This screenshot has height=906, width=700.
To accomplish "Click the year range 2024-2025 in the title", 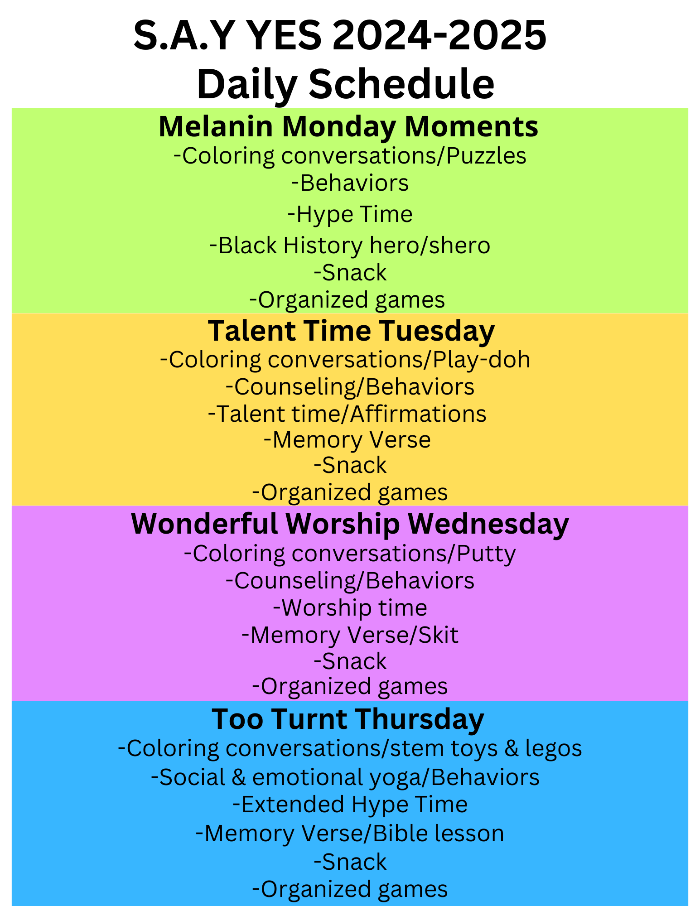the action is click(439, 36).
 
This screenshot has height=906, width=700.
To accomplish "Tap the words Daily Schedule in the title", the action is click(346, 84).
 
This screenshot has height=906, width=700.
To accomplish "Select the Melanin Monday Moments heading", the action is click(348, 126).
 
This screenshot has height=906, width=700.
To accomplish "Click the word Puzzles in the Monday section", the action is click(486, 156).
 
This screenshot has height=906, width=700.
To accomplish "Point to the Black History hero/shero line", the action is click(350, 246).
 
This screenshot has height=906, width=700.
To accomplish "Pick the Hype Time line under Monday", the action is click(350, 214).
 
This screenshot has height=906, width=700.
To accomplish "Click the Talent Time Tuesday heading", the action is click(351, 331).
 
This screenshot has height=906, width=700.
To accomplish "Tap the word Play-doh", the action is click(481, 360).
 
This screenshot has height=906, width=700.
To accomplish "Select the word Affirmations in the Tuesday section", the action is click(418, 414).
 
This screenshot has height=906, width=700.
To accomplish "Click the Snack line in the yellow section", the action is click(350, 465).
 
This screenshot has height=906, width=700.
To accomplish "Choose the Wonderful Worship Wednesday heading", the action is click(350, 524).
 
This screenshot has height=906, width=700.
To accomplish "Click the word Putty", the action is click(486, 554).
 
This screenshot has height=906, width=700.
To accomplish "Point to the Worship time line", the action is click(350, 608).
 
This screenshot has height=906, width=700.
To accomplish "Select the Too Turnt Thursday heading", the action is click(348, 719).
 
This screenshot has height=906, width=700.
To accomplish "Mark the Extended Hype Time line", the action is click(350, 805).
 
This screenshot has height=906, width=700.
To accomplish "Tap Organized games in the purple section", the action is click(350, 686).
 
